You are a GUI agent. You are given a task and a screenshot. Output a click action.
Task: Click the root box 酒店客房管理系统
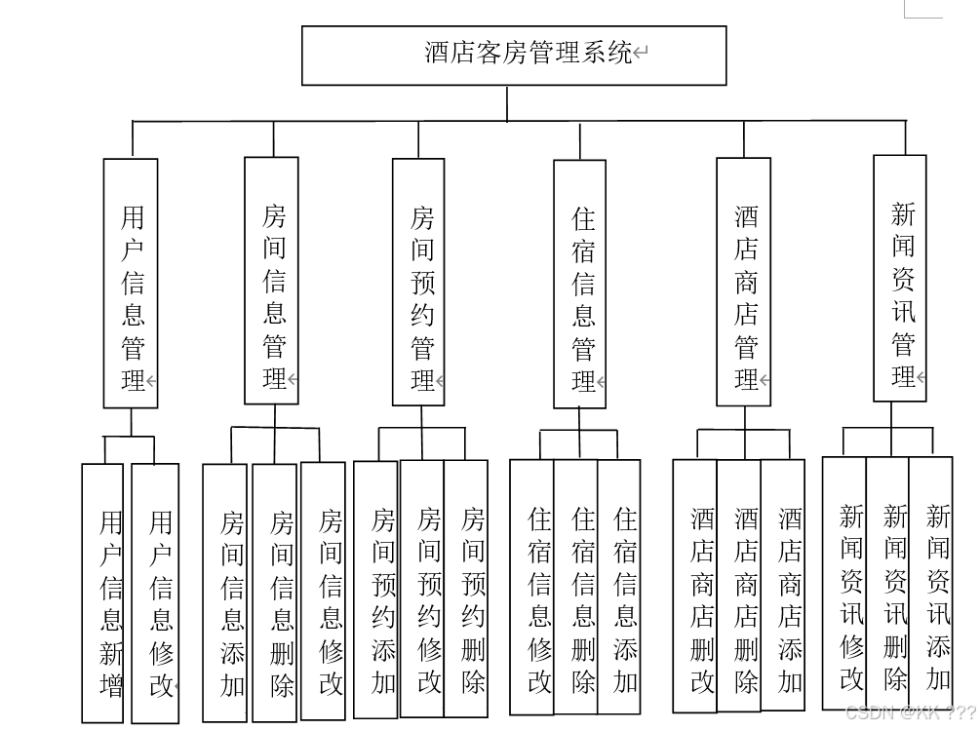point(514,55)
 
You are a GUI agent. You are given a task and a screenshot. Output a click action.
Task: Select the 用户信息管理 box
point(131,283)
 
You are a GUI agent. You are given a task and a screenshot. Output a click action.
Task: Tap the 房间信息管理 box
point(271,283)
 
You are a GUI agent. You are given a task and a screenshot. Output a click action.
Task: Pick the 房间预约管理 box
point(418,283)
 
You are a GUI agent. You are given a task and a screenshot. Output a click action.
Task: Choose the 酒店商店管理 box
point(743,283)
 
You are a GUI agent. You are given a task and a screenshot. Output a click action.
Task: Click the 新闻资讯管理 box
point(899,279)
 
